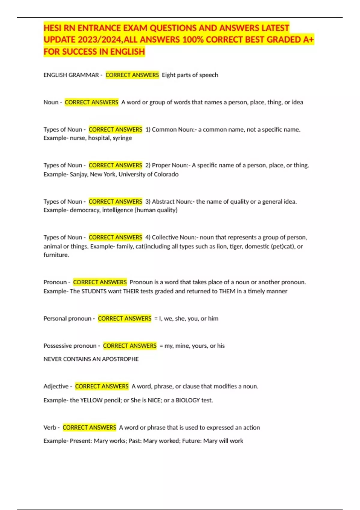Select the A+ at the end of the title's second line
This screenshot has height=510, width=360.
[308, 40]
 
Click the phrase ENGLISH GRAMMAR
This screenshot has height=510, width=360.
[71, 75]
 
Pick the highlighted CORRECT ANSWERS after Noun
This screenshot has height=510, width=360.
[91, 102]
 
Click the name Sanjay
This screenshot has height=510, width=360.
[79, 174]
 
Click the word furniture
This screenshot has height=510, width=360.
[56, 255]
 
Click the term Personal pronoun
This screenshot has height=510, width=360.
[67, 319]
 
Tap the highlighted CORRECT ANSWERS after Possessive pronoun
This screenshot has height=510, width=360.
[130, 346]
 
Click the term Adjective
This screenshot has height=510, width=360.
[56, 386]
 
